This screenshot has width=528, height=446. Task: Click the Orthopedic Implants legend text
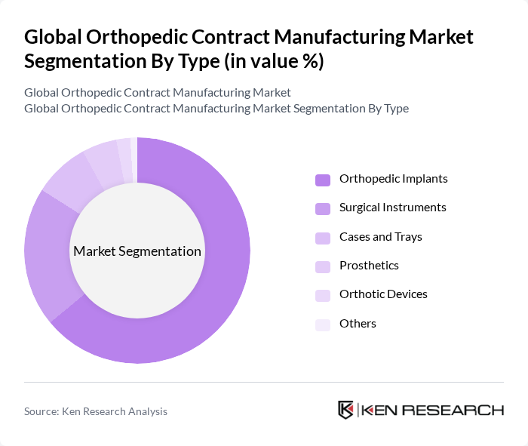click(x=394, y=179)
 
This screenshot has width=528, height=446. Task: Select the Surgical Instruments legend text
click(x=393, y=208)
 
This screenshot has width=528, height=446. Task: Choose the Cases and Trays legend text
click(x=381, y=237)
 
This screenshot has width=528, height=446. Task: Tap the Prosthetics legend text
click(x=369, y=266)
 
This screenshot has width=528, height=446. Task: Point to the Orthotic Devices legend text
click(x=383, y=294)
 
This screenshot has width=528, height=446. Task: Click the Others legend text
click(x=358, y=324)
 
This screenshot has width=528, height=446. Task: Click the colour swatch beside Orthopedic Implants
click(x=323, y=180)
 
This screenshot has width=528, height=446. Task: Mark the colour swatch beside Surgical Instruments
click(x=323, y=208)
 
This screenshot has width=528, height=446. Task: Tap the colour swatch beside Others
click(x=323, y=325)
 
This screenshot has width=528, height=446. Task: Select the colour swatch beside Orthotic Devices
click(x=323, y=295)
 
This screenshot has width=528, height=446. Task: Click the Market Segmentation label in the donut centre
click(x=137, y=251)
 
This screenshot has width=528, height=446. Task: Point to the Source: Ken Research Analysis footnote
click(x=96, y=411)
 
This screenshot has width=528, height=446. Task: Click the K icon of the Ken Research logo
click(x=346, y=410)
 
